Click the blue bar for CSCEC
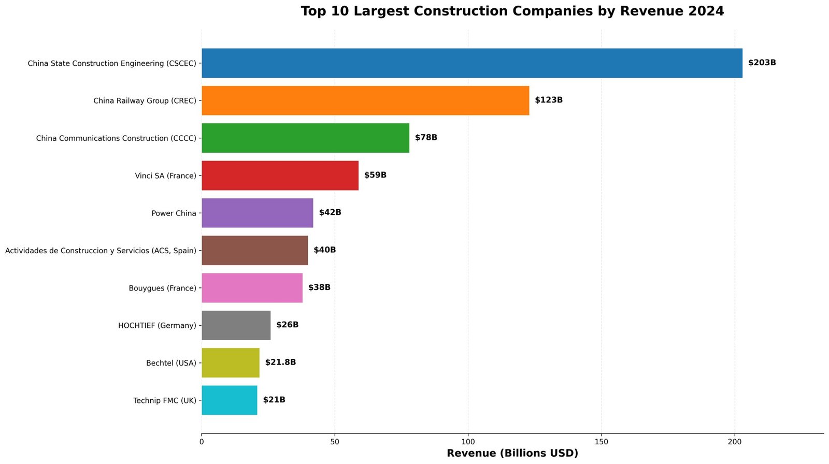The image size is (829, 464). (471, 63)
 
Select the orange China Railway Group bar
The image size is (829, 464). (365, 100)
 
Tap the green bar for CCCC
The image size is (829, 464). (305, 138)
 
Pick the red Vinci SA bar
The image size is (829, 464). (280, 176)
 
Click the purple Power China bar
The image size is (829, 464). (257, 213)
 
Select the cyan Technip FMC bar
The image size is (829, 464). (229, 400)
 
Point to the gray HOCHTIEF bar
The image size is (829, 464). (236, 325)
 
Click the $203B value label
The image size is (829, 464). (762, 63)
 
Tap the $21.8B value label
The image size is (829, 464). (280, 362)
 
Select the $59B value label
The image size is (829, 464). (375, 175)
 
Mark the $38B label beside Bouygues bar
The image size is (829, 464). (319, 287)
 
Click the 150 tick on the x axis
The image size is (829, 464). (601, 442)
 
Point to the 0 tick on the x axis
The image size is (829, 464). (202, 442)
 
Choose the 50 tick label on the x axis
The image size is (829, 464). (335, 442)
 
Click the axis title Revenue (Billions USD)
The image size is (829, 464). (512, 453)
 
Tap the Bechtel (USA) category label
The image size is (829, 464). (171, 363)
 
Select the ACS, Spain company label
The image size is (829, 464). (101, 251)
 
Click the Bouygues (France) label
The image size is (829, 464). (162, 288)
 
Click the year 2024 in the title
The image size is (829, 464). (705, 11)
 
